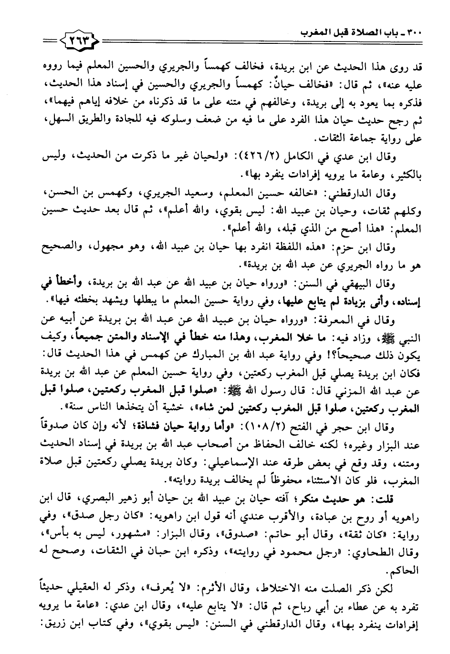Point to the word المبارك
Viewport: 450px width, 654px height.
(x=225, y=352)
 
